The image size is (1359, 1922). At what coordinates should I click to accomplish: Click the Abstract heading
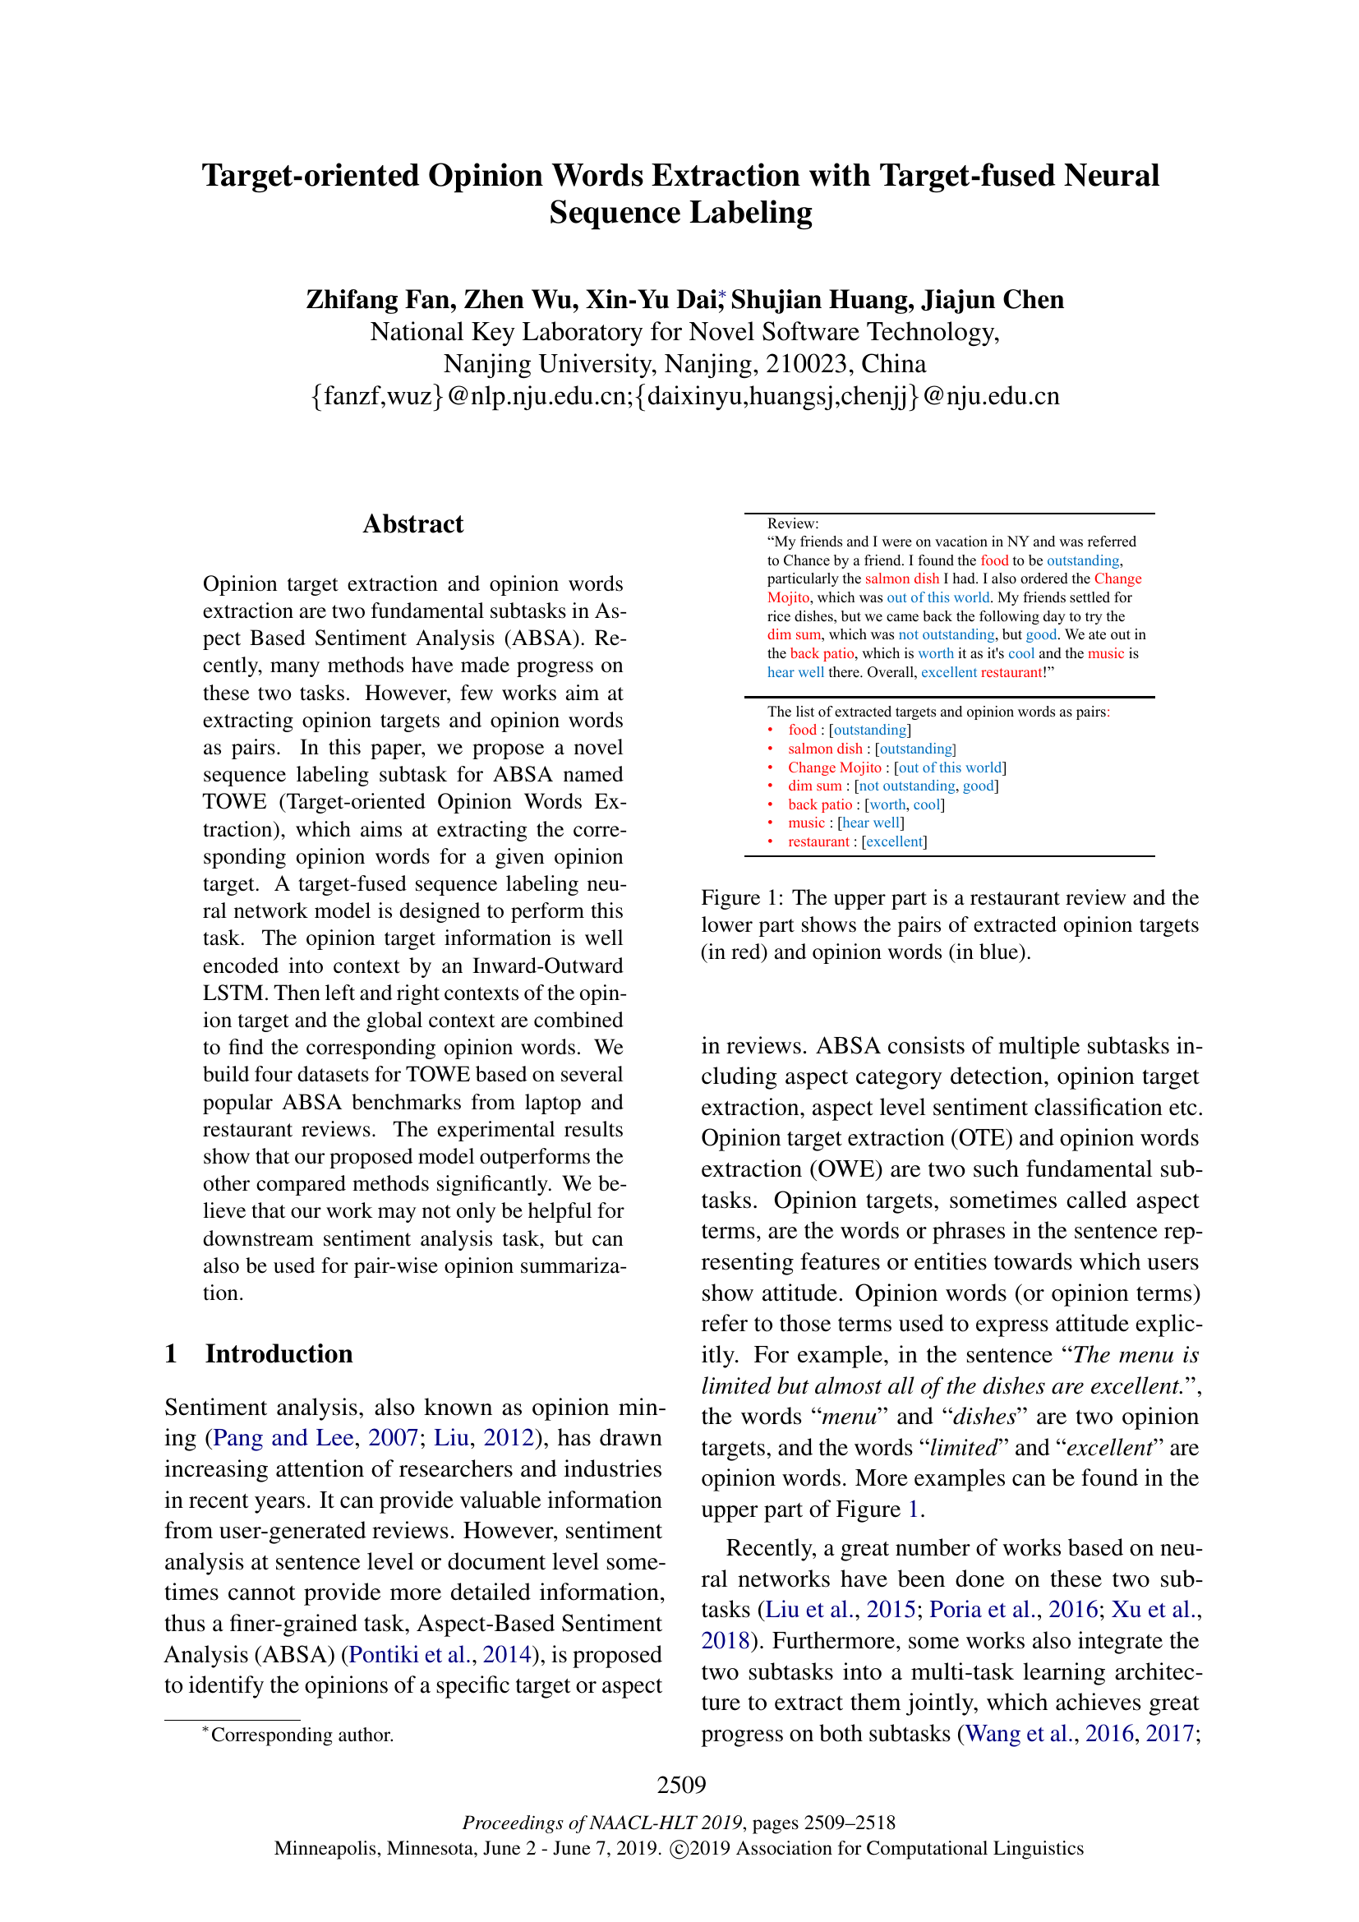pos(412,524)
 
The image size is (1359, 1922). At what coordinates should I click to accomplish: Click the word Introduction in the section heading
pos(279,1353)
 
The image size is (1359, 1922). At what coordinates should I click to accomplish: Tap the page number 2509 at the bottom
pos(681,1785)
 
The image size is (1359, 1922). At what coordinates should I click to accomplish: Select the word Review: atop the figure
pos(792,523)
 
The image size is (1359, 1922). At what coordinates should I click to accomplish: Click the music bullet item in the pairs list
pos(806,823)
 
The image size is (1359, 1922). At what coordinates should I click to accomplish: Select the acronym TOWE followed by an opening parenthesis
pos(234,801)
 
